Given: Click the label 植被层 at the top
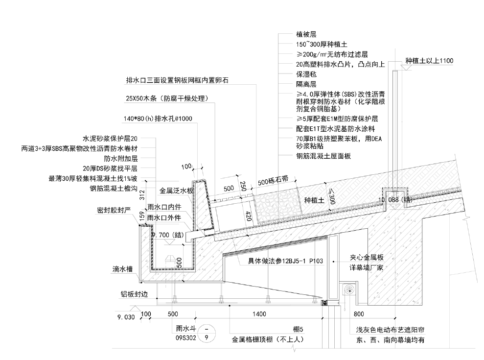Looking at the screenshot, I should point(306,34).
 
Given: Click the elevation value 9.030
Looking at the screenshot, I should point(126,317).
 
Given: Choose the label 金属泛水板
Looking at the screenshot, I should point(177,190).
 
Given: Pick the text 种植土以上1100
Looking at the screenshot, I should point(429,61).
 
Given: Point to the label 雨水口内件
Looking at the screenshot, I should point(164,207).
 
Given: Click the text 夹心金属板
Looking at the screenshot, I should point(366,257).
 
